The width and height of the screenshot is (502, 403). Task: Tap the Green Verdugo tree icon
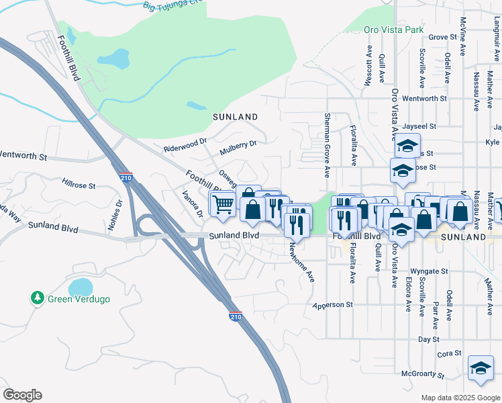38,298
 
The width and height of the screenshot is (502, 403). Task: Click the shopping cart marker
223,204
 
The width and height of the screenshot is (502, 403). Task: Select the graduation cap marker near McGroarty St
481,369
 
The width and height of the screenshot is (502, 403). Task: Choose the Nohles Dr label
119,212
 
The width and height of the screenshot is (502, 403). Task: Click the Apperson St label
333,305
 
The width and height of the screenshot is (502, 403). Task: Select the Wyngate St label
430,271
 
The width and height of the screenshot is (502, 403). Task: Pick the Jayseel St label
421,126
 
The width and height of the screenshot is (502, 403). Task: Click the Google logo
22,395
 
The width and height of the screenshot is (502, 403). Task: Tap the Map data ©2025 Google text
460,398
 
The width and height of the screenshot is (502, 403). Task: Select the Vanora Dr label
193,205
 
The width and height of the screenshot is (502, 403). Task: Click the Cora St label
450,353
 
